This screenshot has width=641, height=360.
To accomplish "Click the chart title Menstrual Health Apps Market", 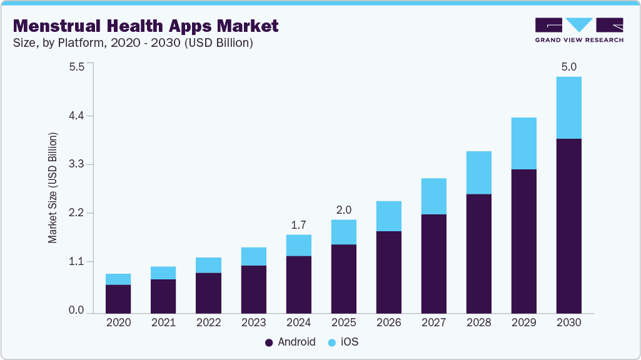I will pyautogui.click(x=146, y=26).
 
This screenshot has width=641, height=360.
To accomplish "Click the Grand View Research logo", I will pyautogui.click(x=579, y=30).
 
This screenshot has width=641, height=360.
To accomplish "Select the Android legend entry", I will pyautogui.click(x=290, y=342).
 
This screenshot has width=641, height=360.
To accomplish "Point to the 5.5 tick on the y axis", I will pyautogui.click(x=76, y=67).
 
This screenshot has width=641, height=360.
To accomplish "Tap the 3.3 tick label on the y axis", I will pyautogui.click(x=76, y=165).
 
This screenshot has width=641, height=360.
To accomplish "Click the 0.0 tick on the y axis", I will pyautogui.click(x=76, y=311).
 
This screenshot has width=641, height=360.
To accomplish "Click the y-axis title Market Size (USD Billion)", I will pyautogui.click(x=53, y=187).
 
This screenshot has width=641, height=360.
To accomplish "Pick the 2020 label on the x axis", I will pyautogui.click(x=118, y=322).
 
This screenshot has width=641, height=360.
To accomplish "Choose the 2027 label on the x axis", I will pyautogui.click(x=433, y=322).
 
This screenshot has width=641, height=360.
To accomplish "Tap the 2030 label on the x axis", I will pyautogui.click(x=568, y=322).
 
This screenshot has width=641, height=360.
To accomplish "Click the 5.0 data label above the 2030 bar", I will pyautogui.click(x=568, y=67).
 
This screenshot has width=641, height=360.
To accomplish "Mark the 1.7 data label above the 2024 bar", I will pyautogui.click(x=298, y=224).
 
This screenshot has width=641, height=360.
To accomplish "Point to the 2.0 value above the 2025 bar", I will pyautogui.click(x=343, y=209).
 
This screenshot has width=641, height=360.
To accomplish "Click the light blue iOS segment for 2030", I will pyautogui.click(x=568, y=107).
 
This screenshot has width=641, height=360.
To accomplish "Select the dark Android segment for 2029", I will pyautogui.click(x=523, y=241).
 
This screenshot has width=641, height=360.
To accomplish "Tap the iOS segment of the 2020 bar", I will pyautogui.click(x=118, y=279).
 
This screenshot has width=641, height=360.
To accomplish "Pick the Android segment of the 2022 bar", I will pyautogui.click(x=208, y=292).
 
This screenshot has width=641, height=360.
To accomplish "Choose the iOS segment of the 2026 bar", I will pyautogui.click(x=388, y=216).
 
